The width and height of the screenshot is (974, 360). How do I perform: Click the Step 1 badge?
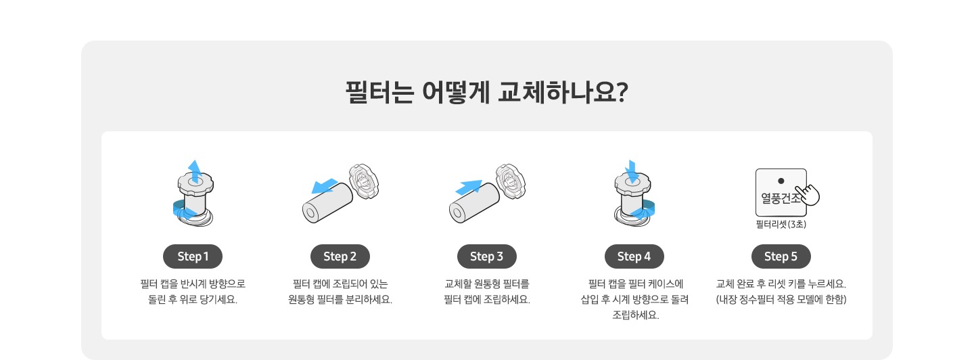coord(193,256)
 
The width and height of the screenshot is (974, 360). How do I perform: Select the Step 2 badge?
coord(340,256)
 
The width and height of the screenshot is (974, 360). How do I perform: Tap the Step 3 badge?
coord(487,256)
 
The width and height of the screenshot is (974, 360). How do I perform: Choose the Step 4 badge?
coord(634,256)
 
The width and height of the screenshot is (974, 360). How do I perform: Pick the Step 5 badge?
coord(781,256)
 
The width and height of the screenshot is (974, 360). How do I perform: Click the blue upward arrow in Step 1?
coord(194,171)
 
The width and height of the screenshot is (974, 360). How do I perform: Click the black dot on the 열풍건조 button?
coord(781,181)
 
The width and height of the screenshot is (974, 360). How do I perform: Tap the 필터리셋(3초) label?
coord(781,224)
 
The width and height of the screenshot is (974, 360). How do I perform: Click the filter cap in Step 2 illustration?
coord(363,181)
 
